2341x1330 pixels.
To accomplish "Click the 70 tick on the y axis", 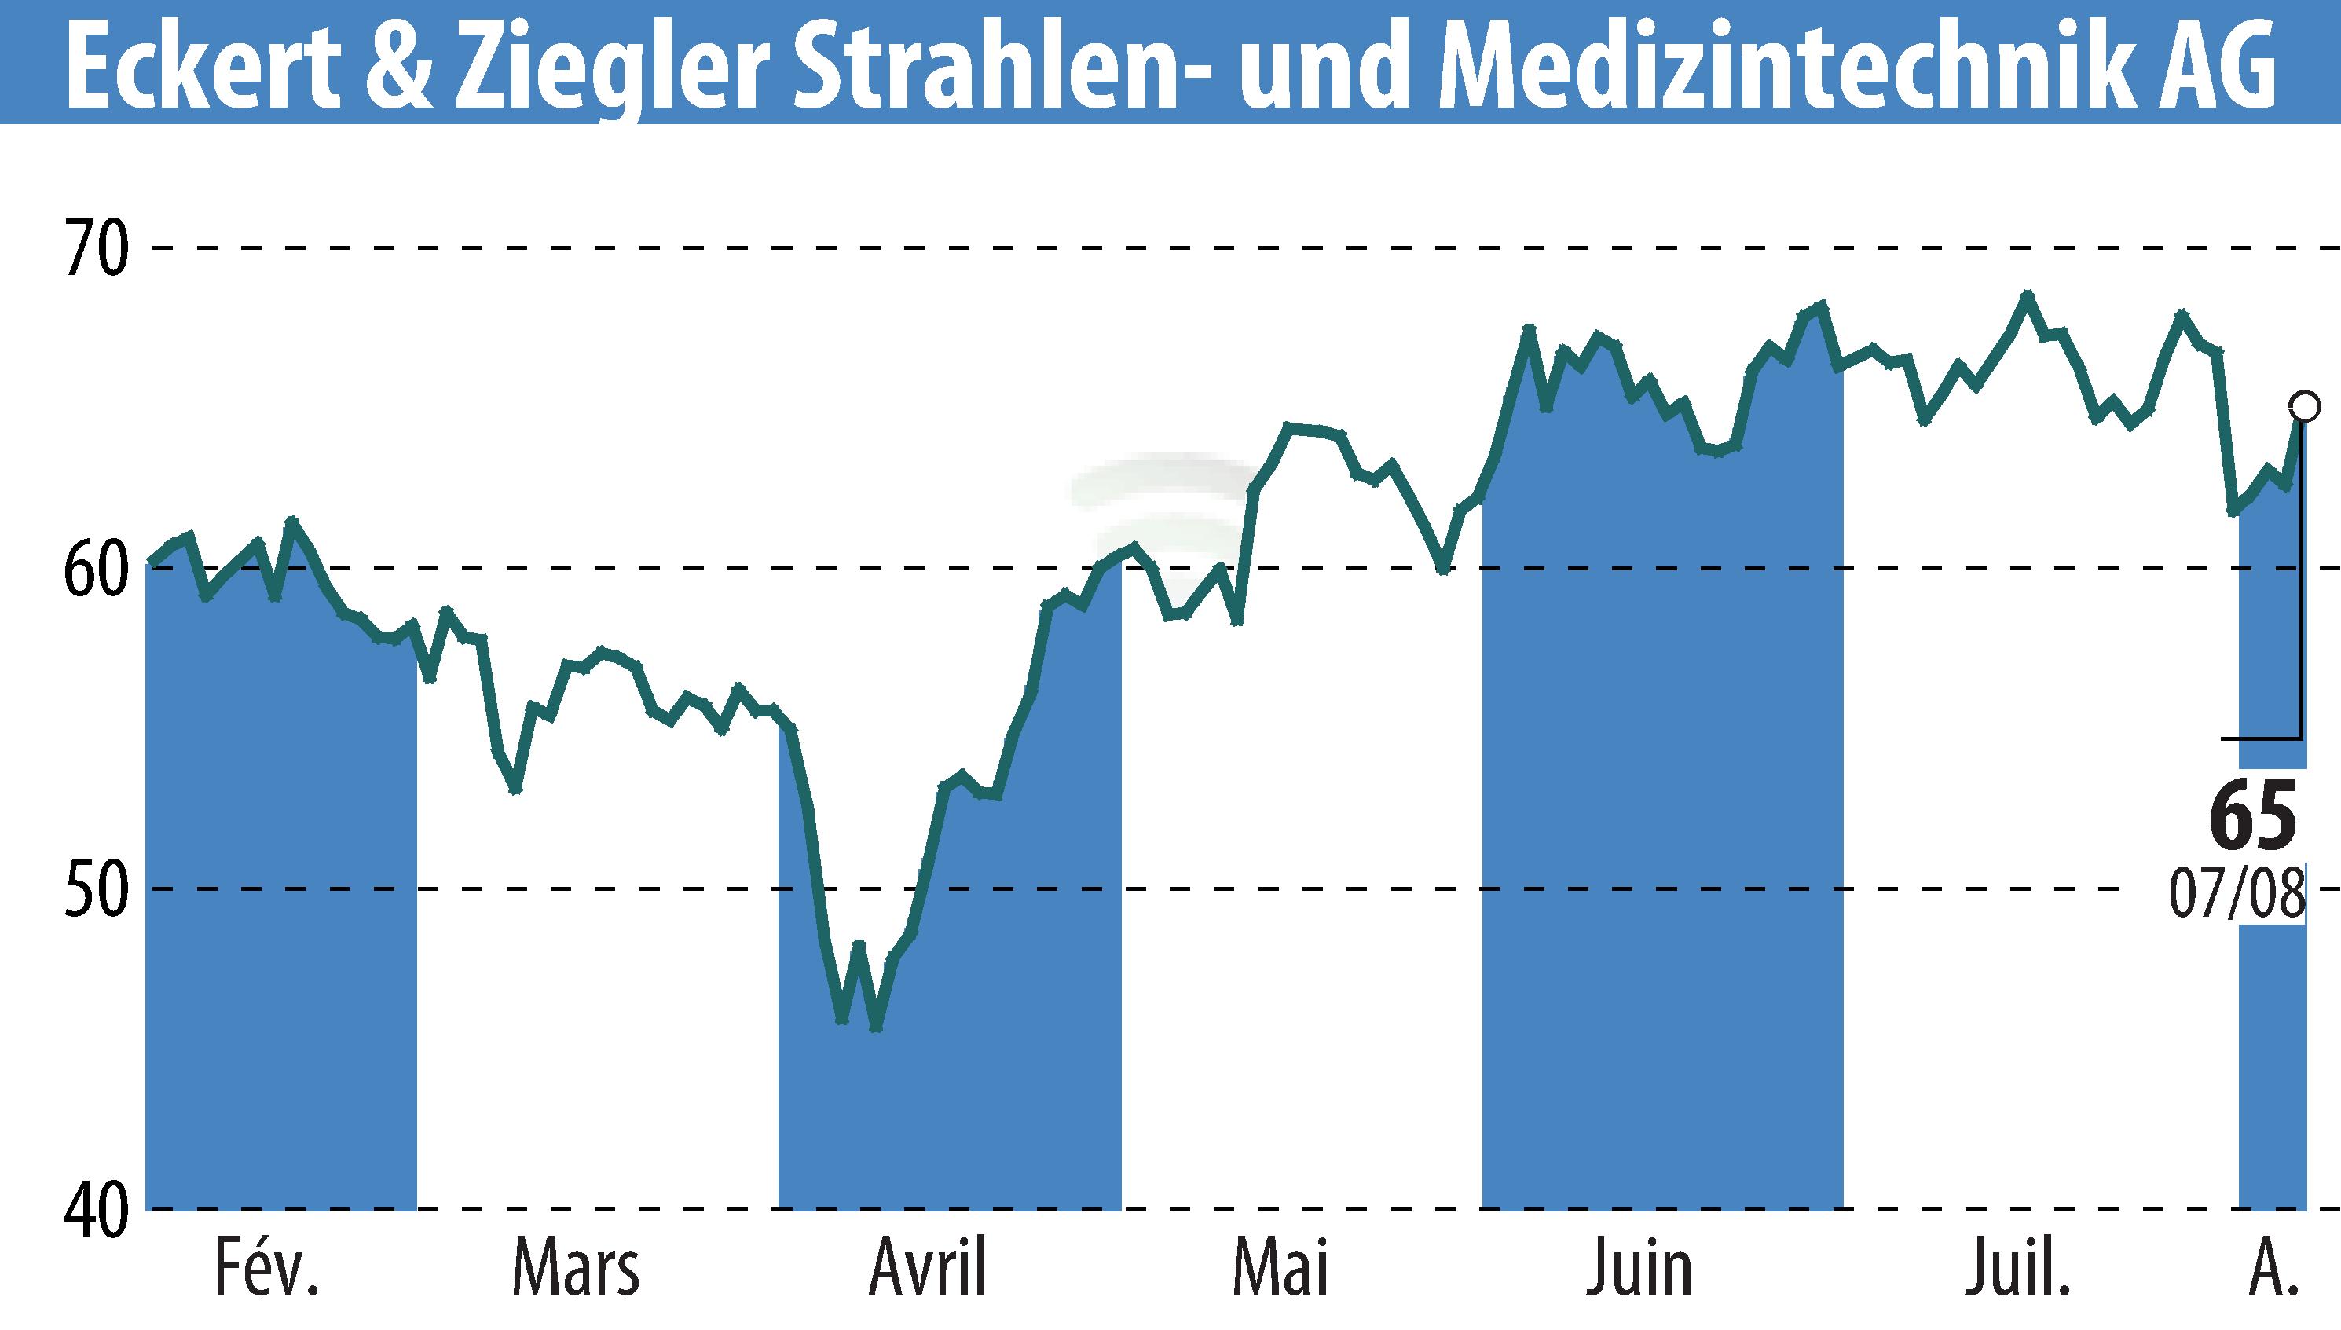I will [x=94, y=247].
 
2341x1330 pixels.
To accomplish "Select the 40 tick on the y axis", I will [x=94, y=1211].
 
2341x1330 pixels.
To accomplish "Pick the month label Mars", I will [x=576, y=1269].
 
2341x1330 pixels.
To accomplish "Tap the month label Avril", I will [x=928, y=1269].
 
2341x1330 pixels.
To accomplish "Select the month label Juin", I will [x=1639, y=1269].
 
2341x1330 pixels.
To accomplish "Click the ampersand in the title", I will [x=405, y=64].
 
